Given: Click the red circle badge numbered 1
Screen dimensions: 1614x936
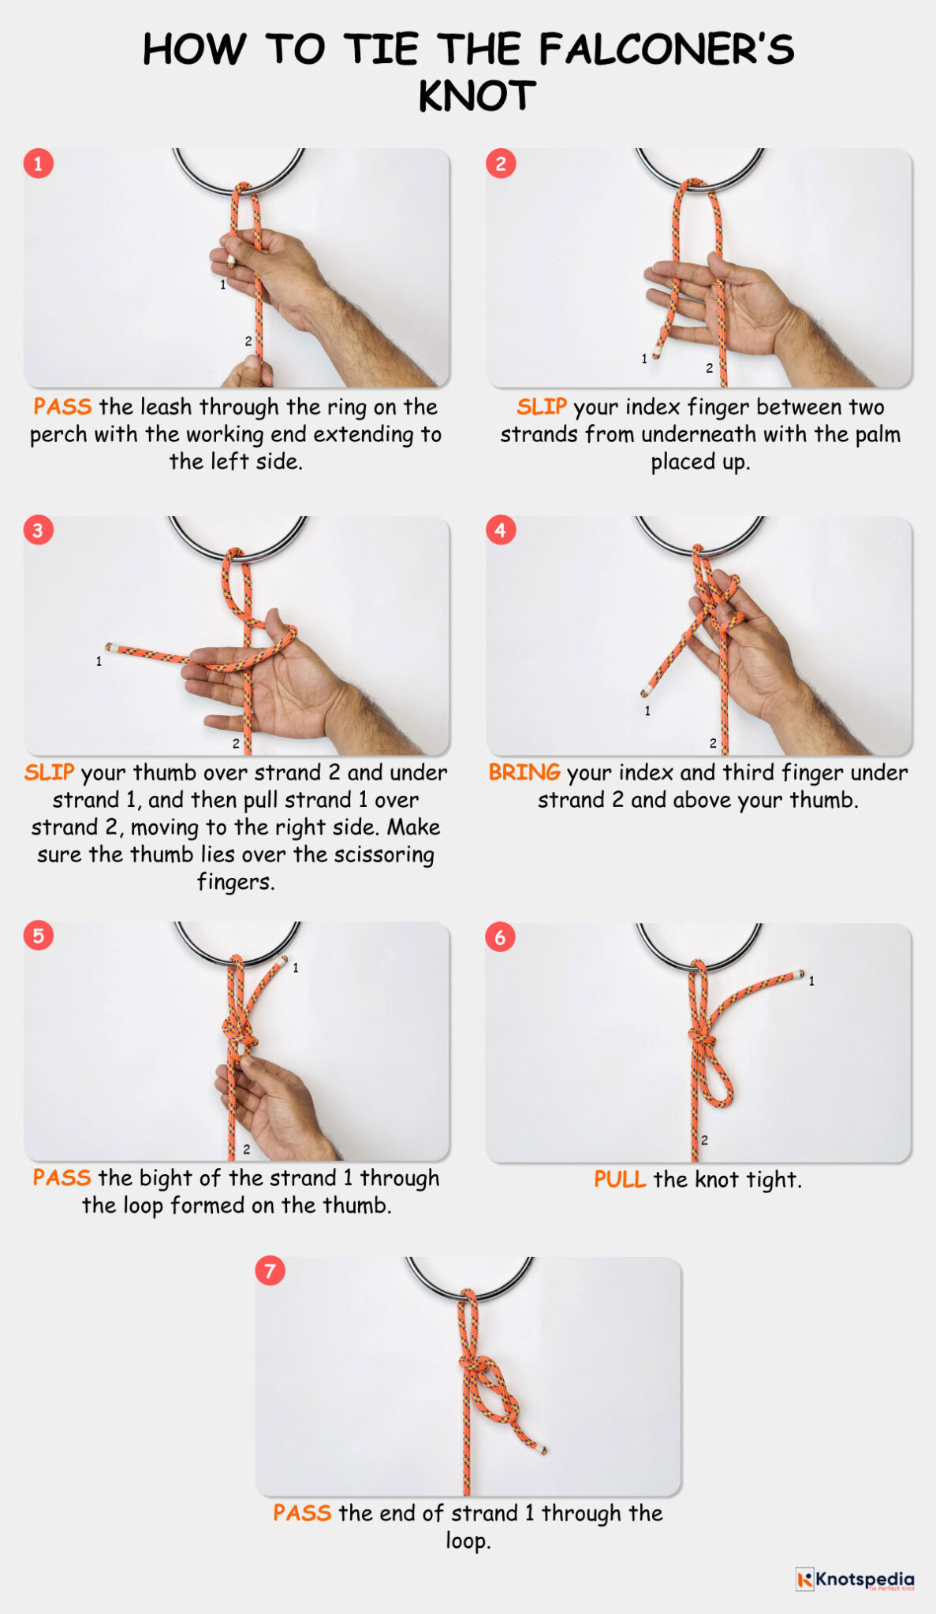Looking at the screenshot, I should (x=38, y=164).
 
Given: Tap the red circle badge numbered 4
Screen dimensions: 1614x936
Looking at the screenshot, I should (x=501, y=530).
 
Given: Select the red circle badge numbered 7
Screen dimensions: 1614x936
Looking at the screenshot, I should (x=270, y=1270).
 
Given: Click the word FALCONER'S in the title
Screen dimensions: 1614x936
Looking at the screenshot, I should (x=666, y=49).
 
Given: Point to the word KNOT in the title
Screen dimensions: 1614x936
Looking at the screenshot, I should (x=477, y=97).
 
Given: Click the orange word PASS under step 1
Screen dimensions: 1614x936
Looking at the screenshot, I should (x=62, y=407).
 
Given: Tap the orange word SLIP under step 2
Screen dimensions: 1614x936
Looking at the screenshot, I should (x=542, y=407).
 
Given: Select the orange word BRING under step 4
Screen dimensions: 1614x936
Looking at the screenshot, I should (x=524, y=772).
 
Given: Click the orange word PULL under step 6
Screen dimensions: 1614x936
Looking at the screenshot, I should (x=620, y=1179).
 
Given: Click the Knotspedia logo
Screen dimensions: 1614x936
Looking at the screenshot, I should (x=855, y=1579).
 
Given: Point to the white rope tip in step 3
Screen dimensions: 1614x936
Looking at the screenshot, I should (x=111, y=647).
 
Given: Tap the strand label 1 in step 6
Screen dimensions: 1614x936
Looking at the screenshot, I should (x=811, y=981).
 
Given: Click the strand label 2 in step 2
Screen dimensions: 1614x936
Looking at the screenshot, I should (x=709, y=368).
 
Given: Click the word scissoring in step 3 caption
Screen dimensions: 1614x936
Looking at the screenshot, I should (x=384, y=854).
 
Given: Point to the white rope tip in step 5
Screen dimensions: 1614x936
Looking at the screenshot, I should (x=283, y=961).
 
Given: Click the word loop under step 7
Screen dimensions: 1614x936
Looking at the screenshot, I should (x=467, y=1541).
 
